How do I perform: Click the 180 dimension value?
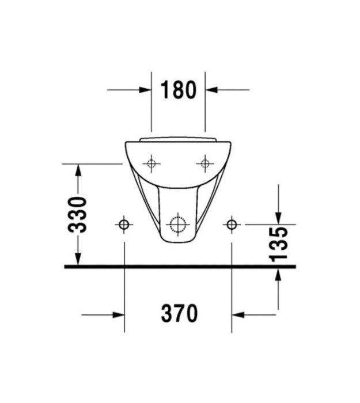[x=179, y=90]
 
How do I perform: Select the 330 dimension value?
[x=78, y=215]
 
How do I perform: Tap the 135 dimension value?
[x=278, y=244]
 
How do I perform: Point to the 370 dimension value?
[x=180, y=313]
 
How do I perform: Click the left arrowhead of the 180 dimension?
[x=145, y=90]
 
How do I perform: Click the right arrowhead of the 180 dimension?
[x=211, y=90]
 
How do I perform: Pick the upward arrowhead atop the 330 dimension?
[x=78, y=170]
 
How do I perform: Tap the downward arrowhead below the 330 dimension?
[x=78, y=259]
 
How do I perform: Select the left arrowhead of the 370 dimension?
[x=118, y=314]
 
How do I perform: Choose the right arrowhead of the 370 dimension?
[x=238, y=314]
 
